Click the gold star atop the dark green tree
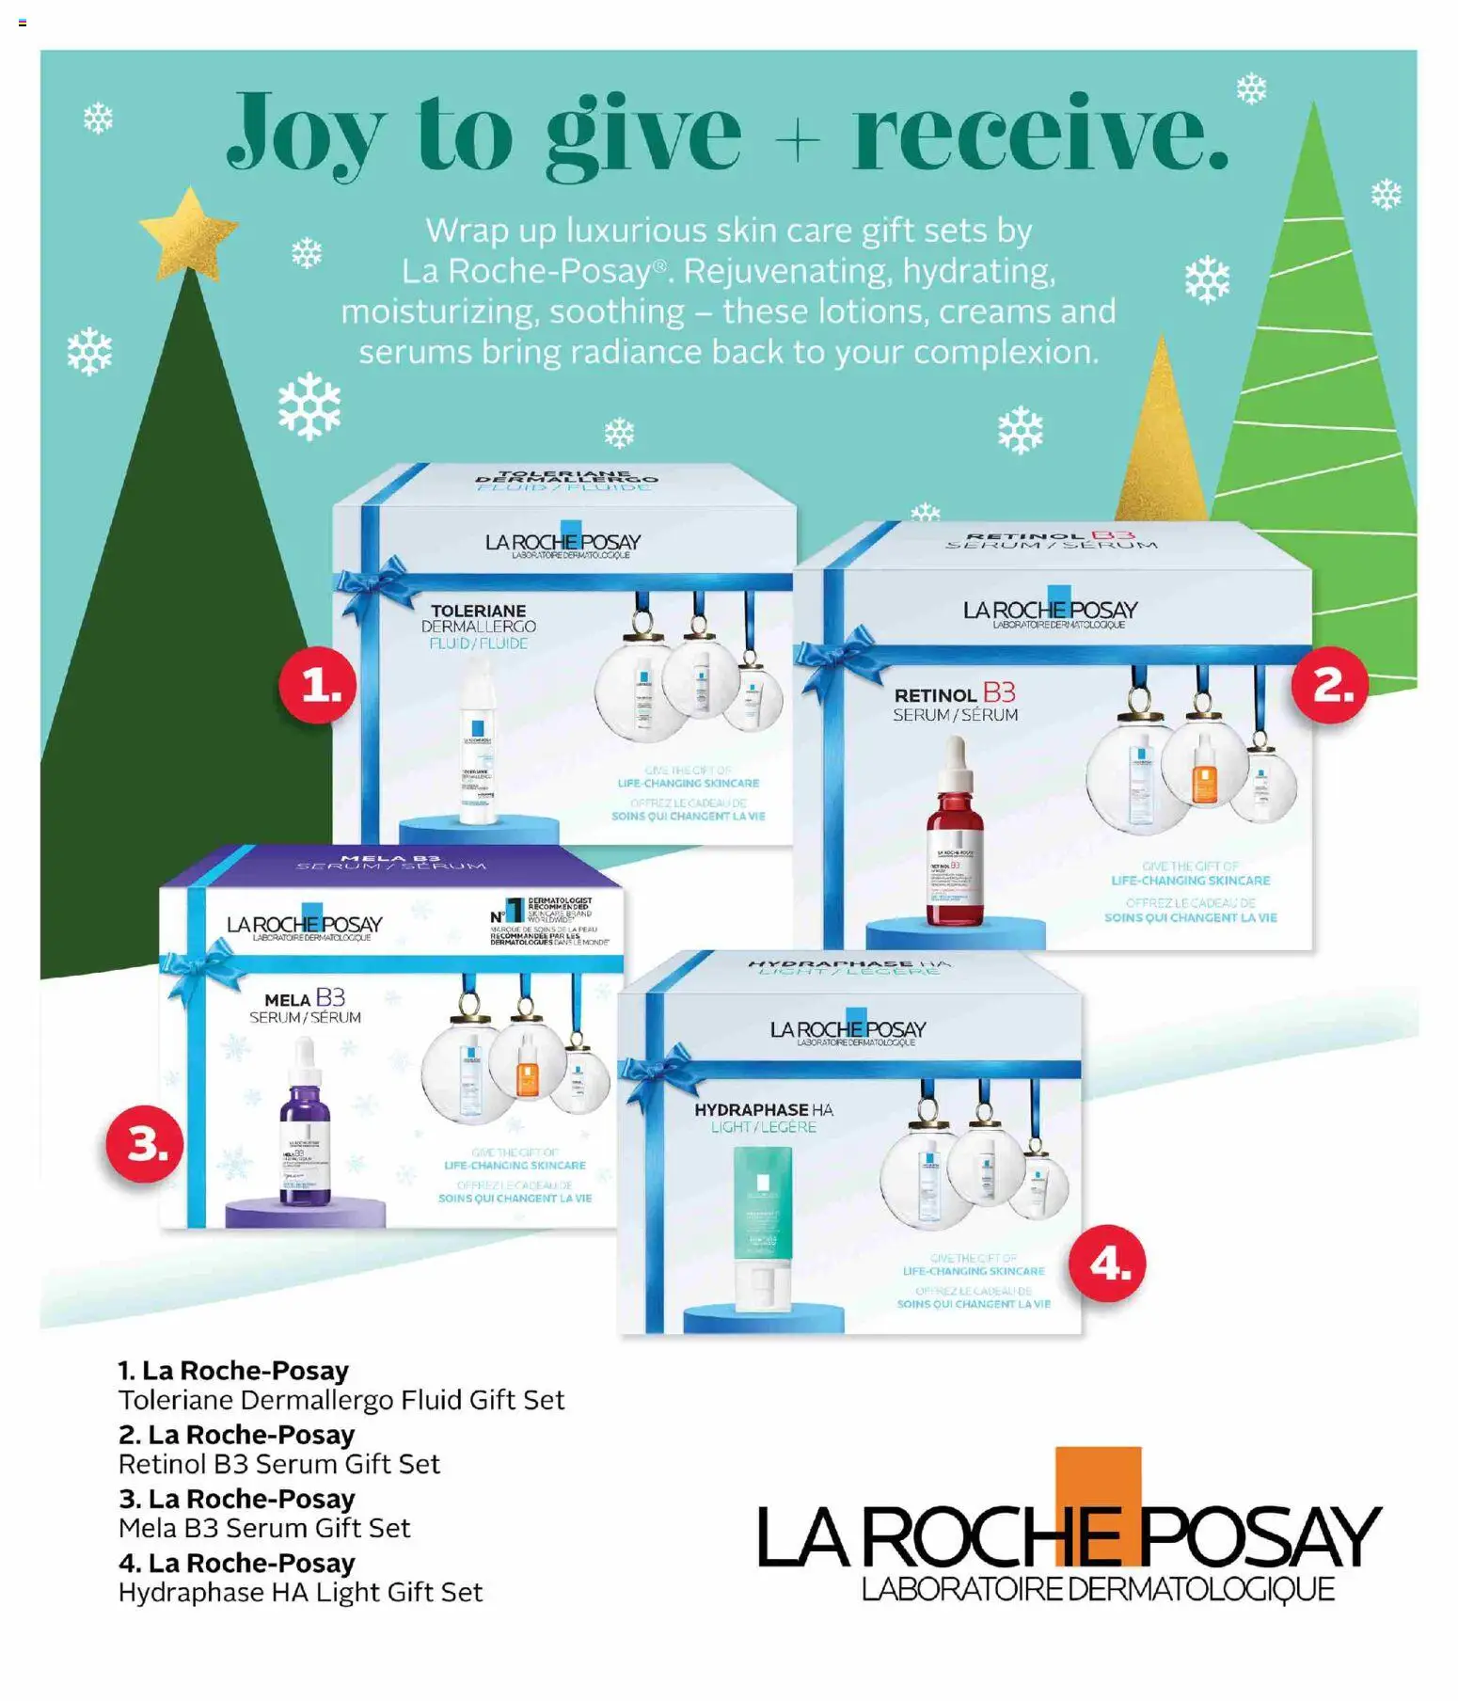point(188,234)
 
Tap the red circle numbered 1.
point(319,685)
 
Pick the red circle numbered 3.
point(145,1144)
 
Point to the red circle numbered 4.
point(1108,1263)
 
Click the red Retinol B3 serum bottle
point(955,837)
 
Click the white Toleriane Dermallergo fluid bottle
point(478,743)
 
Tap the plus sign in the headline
point(798,141)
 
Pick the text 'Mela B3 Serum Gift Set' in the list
point(264,1528)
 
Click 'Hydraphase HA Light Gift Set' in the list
point(300,1592)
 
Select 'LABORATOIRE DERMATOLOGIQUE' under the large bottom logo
point(1098,1589)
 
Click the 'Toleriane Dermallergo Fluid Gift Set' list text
point(341,1400)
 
